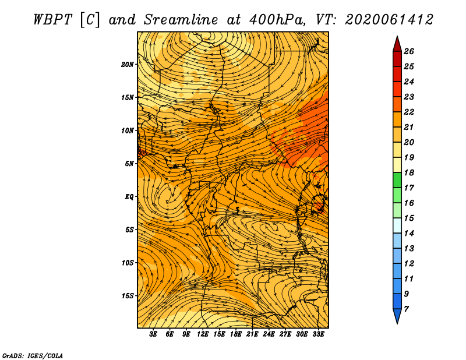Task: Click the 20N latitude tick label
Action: pos(128,65)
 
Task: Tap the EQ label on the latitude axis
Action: pos(129,197)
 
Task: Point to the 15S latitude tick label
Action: pos(128,296)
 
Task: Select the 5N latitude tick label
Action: pos(129,164)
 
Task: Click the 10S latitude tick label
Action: pos(128,263)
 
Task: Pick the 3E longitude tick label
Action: pos(153,334)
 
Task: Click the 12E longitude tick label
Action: pos(202,334)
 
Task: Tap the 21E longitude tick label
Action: pos(252,334)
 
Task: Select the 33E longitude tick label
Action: pos(318,334)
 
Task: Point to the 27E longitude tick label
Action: pos(285,334)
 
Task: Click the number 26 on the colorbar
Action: pos(409,51)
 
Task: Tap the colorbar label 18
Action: pos(409,172)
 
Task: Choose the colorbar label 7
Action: pos(406,309)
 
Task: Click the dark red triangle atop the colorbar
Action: pos(397,45)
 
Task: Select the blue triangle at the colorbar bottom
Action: pos(397,315)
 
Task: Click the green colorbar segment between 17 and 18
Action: pos(397,180)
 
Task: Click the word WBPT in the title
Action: pos(52,20)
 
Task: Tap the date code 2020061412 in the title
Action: pos(389,20)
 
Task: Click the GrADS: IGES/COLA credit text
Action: pos(33,355)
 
